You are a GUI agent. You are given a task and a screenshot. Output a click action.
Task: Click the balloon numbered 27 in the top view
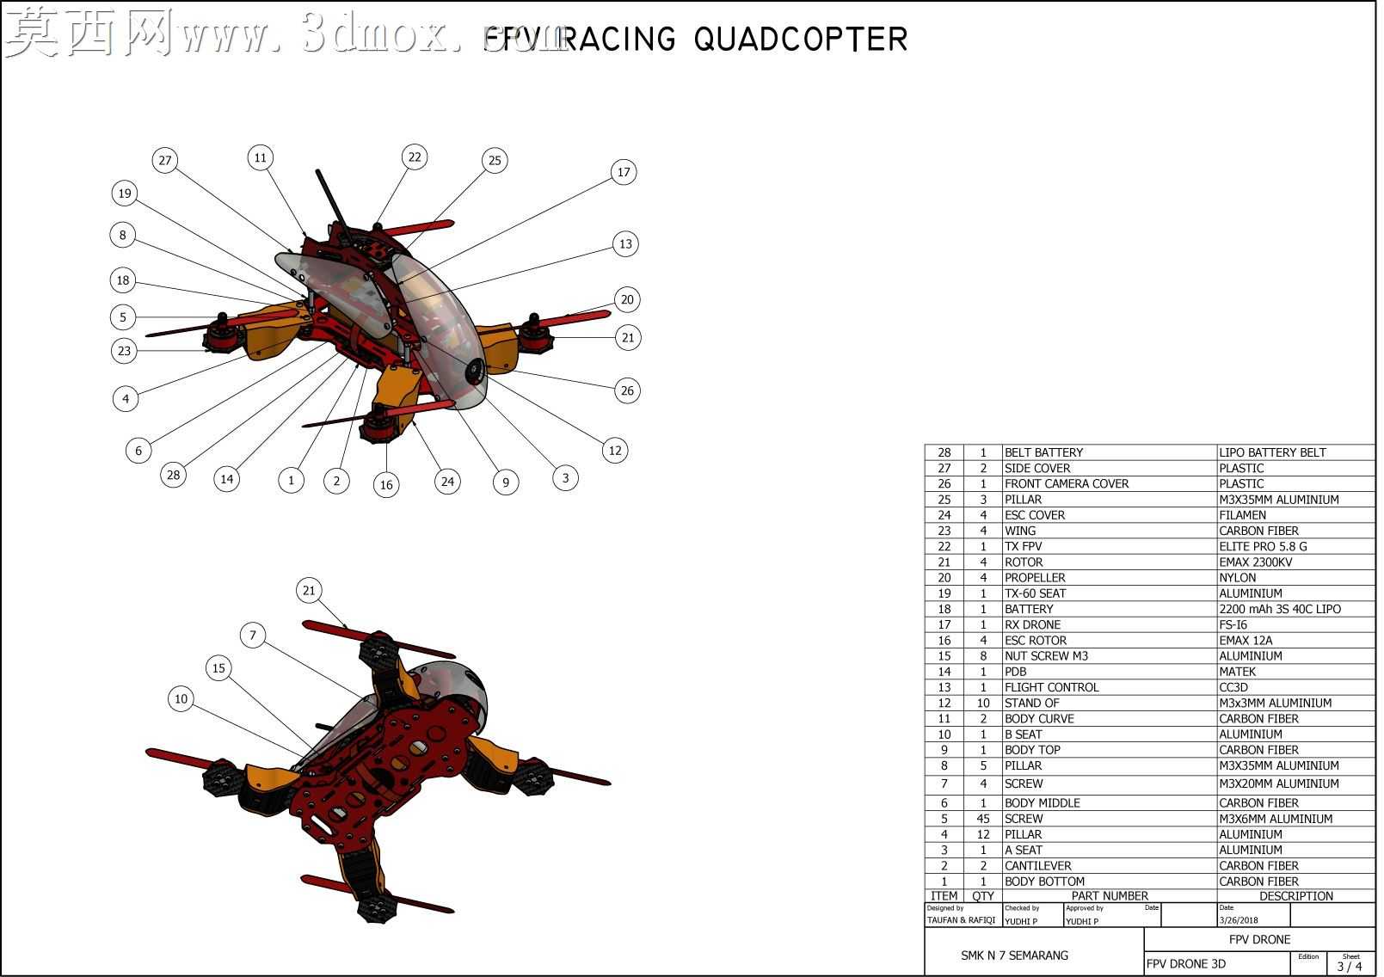click(x=165, y=161)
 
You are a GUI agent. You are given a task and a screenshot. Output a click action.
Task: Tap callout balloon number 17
click(x=624, y=172)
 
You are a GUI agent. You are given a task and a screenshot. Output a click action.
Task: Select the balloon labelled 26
click(x=627, y=391)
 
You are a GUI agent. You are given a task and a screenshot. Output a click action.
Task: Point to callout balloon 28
click(x=174, y=475)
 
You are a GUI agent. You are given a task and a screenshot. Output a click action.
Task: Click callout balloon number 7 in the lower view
click(x=253, y=636)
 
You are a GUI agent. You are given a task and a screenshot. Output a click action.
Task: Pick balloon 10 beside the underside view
click(x=181, y=699)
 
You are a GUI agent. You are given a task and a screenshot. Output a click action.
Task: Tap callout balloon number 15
click(x=218, y=668)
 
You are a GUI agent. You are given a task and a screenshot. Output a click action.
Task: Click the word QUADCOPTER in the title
click(x=801, y=39)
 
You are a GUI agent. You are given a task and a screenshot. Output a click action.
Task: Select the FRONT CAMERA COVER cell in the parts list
click(x=1067, y=484)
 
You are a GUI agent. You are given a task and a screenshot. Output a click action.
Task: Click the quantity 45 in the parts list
click(x=983, y=819)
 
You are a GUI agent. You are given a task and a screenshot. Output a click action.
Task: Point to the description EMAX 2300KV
click(x=1256, y=562)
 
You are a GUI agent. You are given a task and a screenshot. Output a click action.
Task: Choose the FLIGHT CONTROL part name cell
click(x=1052, y=688)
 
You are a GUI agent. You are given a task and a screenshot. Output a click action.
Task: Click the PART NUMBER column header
click(x=1110, y=896)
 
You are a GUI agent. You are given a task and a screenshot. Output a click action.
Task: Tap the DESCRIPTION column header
click(x=1296, y=896)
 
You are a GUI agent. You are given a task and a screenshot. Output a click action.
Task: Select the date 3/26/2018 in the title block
click(x=1239, y=920)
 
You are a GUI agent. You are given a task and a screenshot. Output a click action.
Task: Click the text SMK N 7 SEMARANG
click(x=1014, y=955)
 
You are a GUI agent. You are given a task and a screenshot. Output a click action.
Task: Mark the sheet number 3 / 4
click(x=1350, y=966)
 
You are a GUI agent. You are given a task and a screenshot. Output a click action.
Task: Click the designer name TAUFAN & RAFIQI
click(x=962, y=920)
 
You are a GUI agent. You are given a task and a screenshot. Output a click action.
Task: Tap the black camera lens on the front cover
click(x=475, y=372)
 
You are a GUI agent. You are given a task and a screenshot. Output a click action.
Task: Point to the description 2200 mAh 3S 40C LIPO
click(x=1280, y=610)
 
